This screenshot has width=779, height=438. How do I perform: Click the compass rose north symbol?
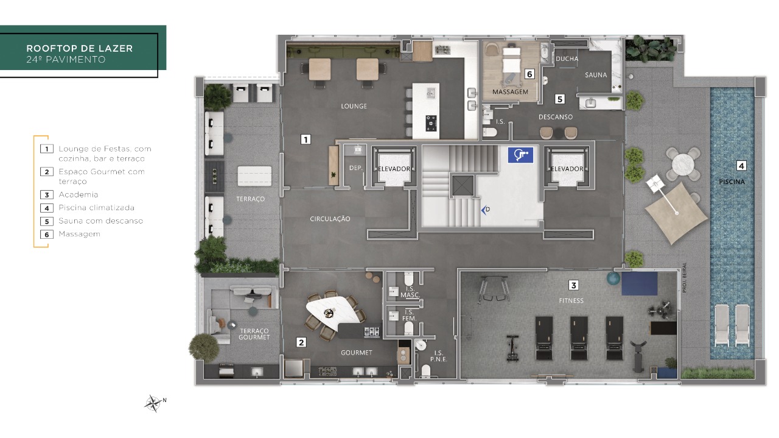(x=153, y=403)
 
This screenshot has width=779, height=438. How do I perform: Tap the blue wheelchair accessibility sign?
(x=520, y=155)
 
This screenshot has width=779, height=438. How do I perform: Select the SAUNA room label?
(x=596, y=75)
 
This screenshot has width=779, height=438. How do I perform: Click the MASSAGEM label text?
(x=510, y=92)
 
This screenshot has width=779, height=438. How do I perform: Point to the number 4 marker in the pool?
(x=741, y=166)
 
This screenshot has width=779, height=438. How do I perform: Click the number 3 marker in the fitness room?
(x=573, y=286)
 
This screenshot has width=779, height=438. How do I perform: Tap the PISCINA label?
(x=732, y=182)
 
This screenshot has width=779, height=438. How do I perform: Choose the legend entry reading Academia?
(x=79, y=194)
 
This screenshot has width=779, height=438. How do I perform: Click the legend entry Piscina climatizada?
(x=96, y=208)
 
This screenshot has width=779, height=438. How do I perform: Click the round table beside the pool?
(x=683, y=164)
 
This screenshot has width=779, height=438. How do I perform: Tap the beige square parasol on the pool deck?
(x=676, y=213)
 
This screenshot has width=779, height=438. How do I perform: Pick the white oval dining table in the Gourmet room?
(x=332, y=313)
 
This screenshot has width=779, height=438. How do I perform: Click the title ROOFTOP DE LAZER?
(x=80, y=48)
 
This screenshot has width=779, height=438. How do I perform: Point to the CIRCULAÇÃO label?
(x=330, y=219)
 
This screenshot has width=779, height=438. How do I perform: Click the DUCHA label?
(x=567, y=59)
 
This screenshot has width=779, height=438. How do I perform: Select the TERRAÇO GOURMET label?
(x=254, y=334)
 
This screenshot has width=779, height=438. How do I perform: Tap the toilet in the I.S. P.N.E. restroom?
(x=425, y=371)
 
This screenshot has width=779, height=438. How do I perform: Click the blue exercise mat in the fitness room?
(x=640, y=283)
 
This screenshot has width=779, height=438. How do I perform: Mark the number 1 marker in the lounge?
(x=306, y=140)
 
